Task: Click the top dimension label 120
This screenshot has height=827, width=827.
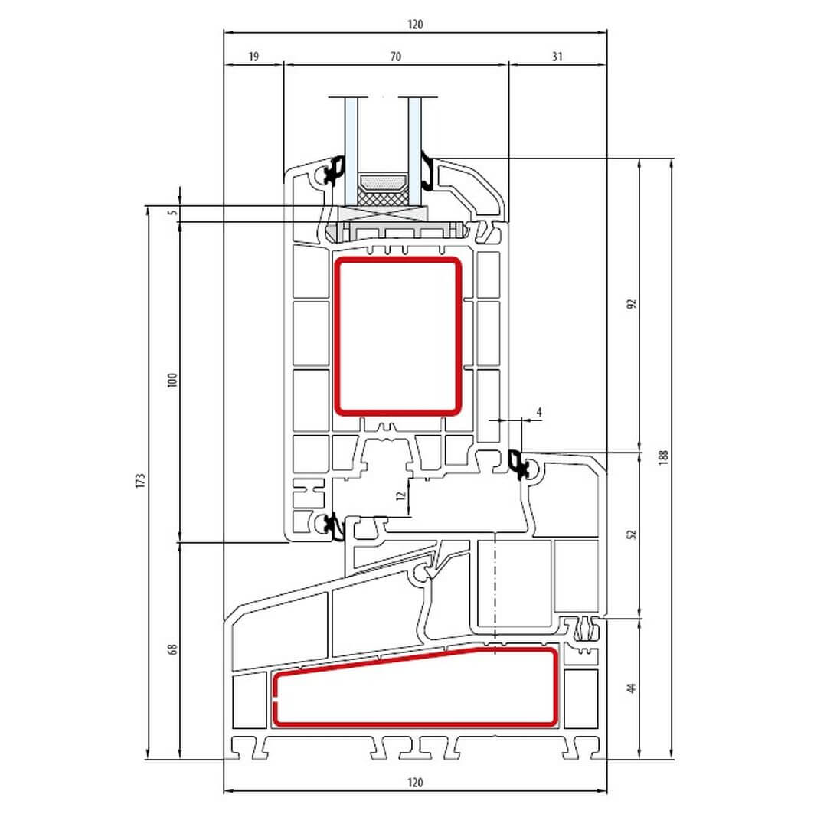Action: pos(415,25)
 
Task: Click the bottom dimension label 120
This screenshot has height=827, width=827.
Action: pos(415,782)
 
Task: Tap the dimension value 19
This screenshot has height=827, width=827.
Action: pos(253,57)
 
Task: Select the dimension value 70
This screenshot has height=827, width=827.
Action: pos(396,57)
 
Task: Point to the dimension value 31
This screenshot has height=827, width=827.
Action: pos(557,57)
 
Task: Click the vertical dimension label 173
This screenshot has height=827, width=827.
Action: pos(140,480)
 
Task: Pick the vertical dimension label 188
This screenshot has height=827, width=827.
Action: pos(663,456)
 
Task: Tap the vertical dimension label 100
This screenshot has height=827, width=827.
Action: pos(172,381)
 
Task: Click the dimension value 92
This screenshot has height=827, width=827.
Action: pos(632,304)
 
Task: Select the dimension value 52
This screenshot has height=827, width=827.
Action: pos(632,534)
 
